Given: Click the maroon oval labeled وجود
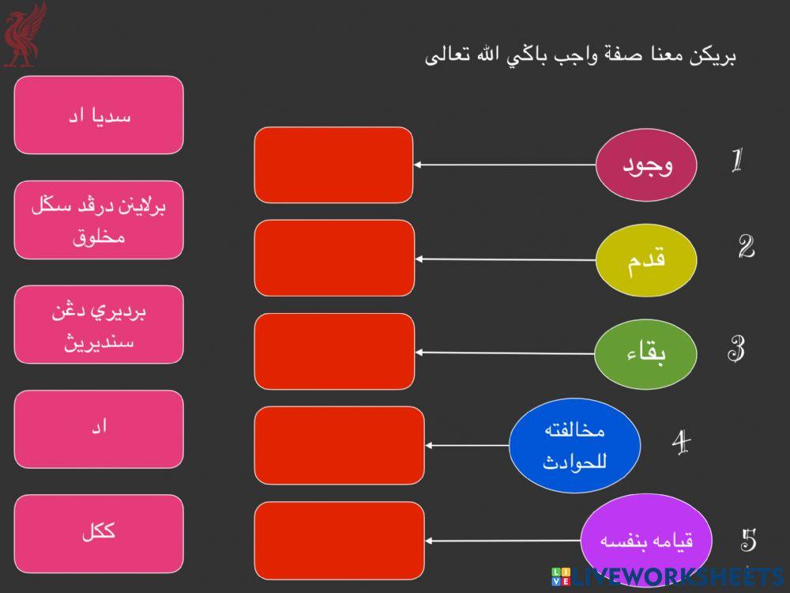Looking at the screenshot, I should point(645,165).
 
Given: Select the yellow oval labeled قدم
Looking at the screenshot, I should point(645,259).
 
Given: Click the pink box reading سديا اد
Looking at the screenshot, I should point(99,115).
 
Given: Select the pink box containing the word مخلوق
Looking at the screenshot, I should point(99,221).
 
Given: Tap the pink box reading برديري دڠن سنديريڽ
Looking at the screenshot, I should point(99,325).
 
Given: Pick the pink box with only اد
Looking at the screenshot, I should point(99,429).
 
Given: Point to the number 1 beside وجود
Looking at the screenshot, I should point(736,161).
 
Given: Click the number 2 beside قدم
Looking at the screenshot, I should point(746,247).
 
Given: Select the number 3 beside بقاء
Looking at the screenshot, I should point(736,349).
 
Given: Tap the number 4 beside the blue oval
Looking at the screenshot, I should point(681,442).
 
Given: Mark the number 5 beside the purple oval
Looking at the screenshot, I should point(748,540).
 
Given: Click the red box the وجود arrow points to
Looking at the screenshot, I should point(333,165).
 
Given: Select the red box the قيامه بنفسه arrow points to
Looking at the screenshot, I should point(339,540).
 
